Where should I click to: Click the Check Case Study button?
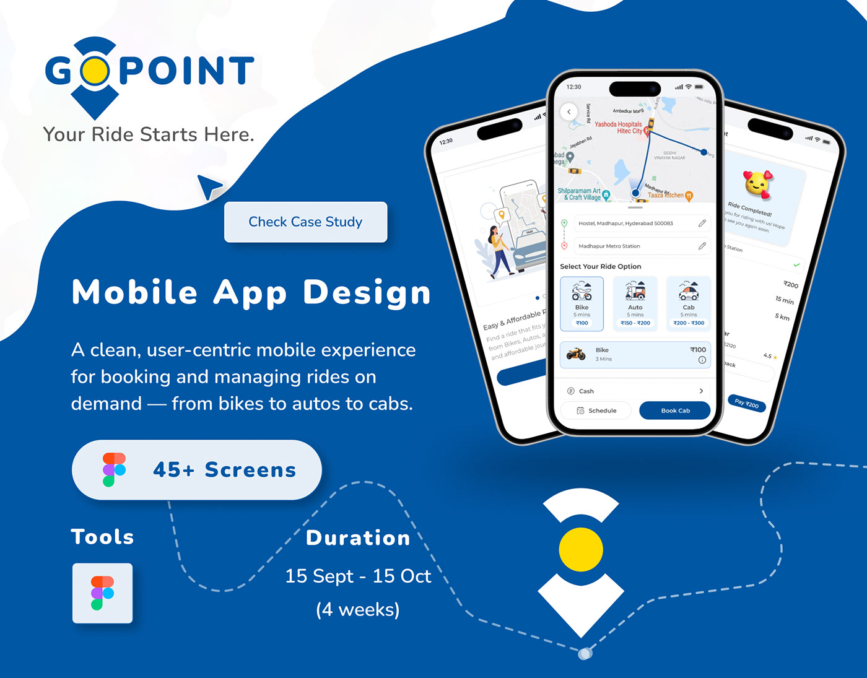pos(305,222)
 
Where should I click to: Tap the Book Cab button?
pos(675,411)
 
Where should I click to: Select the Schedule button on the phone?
pos(596,411)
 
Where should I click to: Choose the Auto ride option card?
pos(635,304)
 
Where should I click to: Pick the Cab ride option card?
pos(689,304)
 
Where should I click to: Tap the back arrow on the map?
pos(569,112)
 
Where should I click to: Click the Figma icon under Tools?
pos(103,593)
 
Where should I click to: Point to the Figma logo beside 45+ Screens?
pos(114,469)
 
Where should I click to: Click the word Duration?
pos(358,538)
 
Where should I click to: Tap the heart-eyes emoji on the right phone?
pos(757,185)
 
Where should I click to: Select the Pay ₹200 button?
pos(746,404)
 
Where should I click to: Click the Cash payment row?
pos(635,391)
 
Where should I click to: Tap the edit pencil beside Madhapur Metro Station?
pos(702,246)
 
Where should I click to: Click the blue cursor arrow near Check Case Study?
pos(209,186)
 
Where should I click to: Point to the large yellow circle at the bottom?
pos(581,549)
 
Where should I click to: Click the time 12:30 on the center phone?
pos(574,87)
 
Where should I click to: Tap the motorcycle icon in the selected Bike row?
pos(576,354)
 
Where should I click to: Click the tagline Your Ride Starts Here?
pos(149,134)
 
